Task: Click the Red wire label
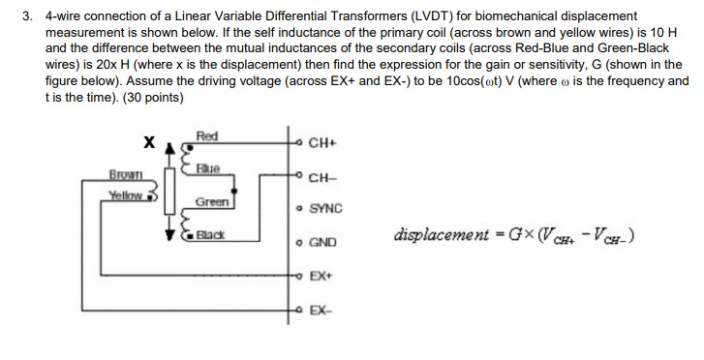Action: [x=207, y=135]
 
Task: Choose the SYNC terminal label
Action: [x=325, y=209]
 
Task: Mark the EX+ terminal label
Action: [x=321, y=277]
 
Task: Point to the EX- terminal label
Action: [x=321, y=310]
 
